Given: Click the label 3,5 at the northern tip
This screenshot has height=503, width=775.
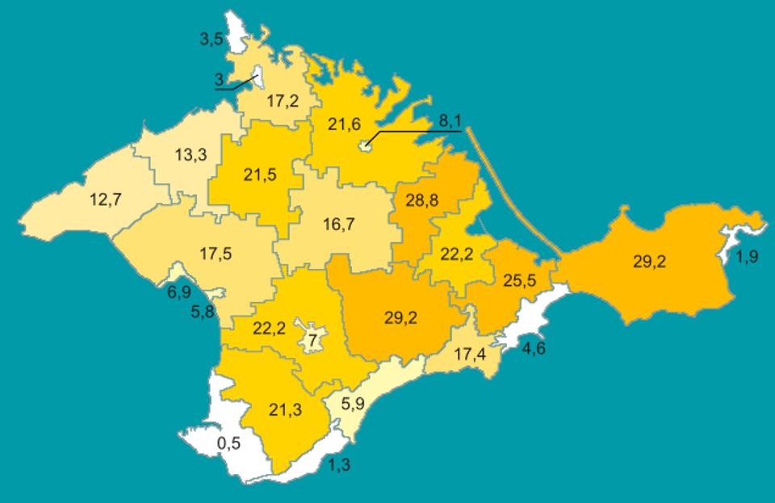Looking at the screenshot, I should tap(211, 38).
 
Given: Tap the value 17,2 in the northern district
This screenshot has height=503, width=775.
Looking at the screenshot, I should tap(282, 102).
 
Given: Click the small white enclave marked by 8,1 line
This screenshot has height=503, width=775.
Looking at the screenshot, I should tap(365, 146).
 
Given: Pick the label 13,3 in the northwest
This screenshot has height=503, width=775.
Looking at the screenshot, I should tap(191, 155).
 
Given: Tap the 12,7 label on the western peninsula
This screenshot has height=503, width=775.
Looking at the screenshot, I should tap(105, 199).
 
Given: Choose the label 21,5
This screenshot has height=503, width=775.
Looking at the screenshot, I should tap(259, 174).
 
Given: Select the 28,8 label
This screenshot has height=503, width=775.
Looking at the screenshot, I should tap(421, 200).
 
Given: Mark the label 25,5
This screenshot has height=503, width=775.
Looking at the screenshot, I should tap(520, 281).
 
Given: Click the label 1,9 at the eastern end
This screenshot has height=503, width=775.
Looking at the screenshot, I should tap(747, 258).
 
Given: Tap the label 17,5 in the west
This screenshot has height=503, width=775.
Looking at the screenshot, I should tap(216, 253).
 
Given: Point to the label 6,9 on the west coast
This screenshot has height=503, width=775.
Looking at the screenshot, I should tap(178, 291).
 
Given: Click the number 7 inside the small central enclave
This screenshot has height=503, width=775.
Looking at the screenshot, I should tap(312, 340).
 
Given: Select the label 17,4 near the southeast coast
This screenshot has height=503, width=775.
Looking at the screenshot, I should tap(470, 354).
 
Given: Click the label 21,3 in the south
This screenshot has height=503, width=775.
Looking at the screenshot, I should tap(285, 410).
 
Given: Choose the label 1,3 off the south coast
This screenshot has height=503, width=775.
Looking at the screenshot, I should tap(340, 463).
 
